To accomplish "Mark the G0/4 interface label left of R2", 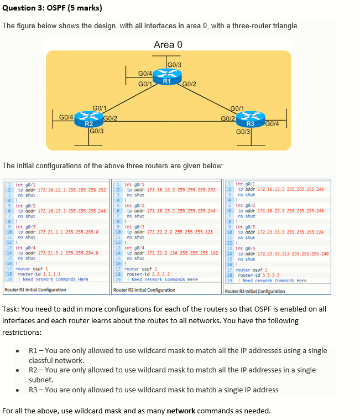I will (x=66, y=117).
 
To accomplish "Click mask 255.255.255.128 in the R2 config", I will (x=198, y=232).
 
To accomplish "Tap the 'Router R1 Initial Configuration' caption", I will (x=35, y=290).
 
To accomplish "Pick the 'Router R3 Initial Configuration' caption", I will (x=255, y=291).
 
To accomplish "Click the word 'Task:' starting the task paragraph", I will (x=12, y=309).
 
